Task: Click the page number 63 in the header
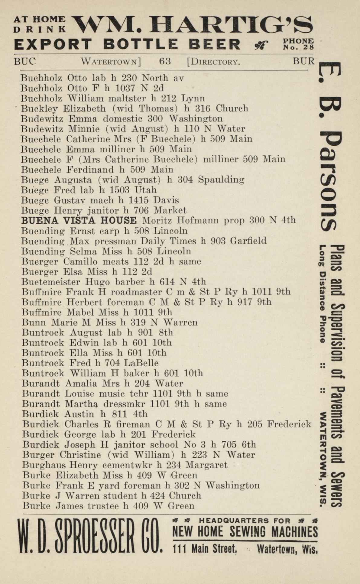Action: (165, 62)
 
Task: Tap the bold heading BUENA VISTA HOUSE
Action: (79, 221)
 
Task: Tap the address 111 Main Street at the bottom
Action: (205, 548)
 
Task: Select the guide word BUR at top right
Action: (303, 61)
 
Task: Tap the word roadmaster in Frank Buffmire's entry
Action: (136, 292)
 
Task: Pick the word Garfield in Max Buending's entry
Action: (248, 241)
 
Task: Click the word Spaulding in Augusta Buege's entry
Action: (221, 180)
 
